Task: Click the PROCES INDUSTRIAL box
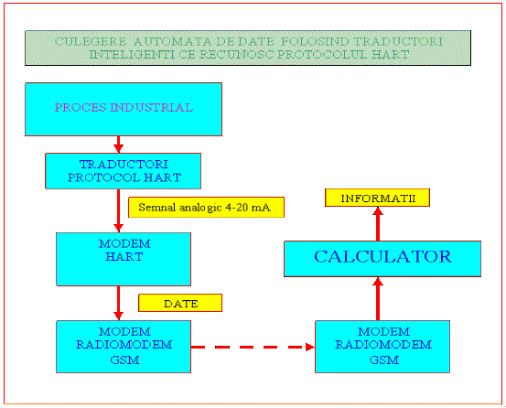pos(124,110)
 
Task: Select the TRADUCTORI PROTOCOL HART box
pos(123,171)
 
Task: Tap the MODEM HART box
pos(124,259)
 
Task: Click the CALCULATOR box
pos(382,259)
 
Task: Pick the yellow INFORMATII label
pos(377,198)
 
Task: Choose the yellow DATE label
pos(180,303)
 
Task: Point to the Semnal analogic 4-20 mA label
pos(206,207)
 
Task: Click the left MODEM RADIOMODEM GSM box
pos(124,347)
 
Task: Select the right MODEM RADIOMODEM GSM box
pos(382,347)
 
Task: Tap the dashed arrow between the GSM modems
pos(253,347)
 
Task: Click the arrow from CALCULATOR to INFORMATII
pos(378,224)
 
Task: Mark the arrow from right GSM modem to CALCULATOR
pos(378,298)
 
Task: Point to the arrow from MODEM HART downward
pos(118,303)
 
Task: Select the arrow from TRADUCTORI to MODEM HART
pos(118,210)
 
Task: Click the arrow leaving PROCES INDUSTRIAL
pos(118,145)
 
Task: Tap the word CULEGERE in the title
pos(91,41)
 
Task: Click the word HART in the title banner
pos(390,54)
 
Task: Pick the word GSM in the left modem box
pos(124,360)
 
